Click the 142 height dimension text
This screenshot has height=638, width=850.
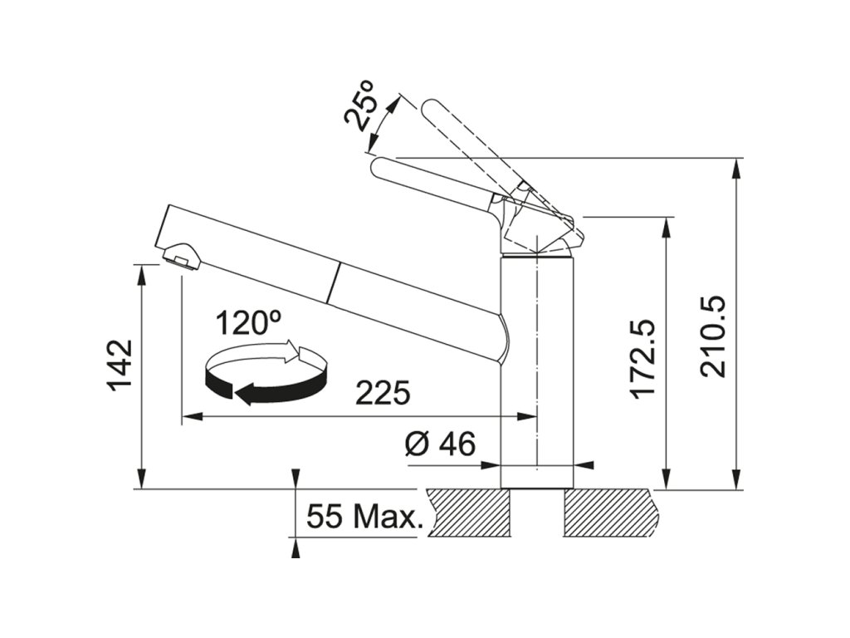coord(120,365)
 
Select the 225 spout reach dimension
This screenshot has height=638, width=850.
coord(383,392)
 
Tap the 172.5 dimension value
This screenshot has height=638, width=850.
coord(643,358)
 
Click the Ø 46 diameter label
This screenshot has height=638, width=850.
coord(440,445)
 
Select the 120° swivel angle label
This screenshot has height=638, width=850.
coord(249,322)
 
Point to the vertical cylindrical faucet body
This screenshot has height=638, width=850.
coord(537,374)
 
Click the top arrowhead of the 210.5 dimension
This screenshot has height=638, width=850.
coord(736,166)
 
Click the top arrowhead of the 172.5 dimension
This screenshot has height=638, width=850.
coord(665,227)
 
